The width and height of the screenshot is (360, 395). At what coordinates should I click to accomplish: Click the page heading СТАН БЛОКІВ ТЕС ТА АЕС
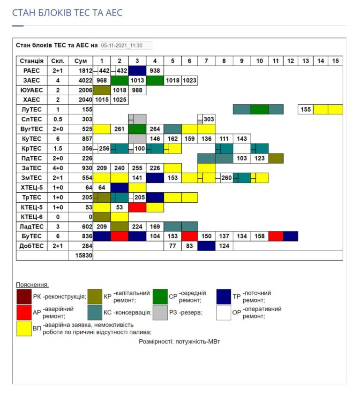(67, 13)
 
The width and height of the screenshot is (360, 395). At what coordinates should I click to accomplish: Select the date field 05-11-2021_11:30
(126, 46)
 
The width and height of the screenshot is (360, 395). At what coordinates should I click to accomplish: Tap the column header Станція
(32, 61)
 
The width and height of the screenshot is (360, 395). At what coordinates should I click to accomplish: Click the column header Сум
(81, 61)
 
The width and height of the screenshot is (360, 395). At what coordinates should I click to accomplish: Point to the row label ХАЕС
(32, 99)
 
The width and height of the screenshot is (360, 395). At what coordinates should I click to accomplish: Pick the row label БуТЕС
(32, 236)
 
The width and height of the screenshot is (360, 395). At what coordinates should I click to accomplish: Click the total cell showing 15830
(81, 256)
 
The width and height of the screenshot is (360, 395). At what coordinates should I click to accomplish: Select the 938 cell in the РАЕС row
(155, 70)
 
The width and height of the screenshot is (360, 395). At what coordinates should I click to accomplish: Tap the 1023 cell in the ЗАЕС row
(189, 80)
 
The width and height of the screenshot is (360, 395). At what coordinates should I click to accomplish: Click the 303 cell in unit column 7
(209, 119)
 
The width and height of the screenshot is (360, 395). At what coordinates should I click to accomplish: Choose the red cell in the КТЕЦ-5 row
(137, 207)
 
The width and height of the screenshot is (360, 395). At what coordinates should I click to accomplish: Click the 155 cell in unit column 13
(306, 109)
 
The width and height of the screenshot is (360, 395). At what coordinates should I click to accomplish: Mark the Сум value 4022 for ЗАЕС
(81, 80)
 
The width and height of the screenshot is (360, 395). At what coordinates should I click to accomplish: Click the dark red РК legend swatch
(23, 296)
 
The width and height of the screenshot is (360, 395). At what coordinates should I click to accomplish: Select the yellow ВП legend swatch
(23, 328)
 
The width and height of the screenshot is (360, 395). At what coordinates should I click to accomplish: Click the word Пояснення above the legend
(32, 285)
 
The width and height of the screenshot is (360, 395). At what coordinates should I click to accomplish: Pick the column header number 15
(335, 61)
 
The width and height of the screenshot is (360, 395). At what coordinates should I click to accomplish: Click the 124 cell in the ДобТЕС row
(224, 246)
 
